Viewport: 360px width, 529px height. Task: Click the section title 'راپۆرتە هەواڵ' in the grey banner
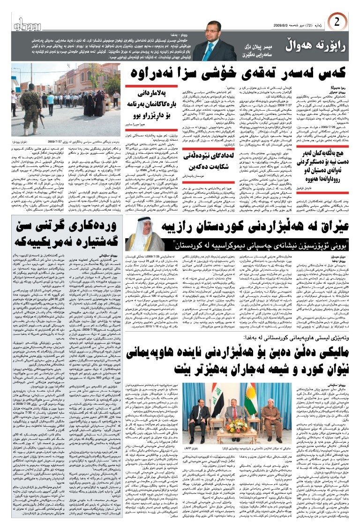coord(318,46)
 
